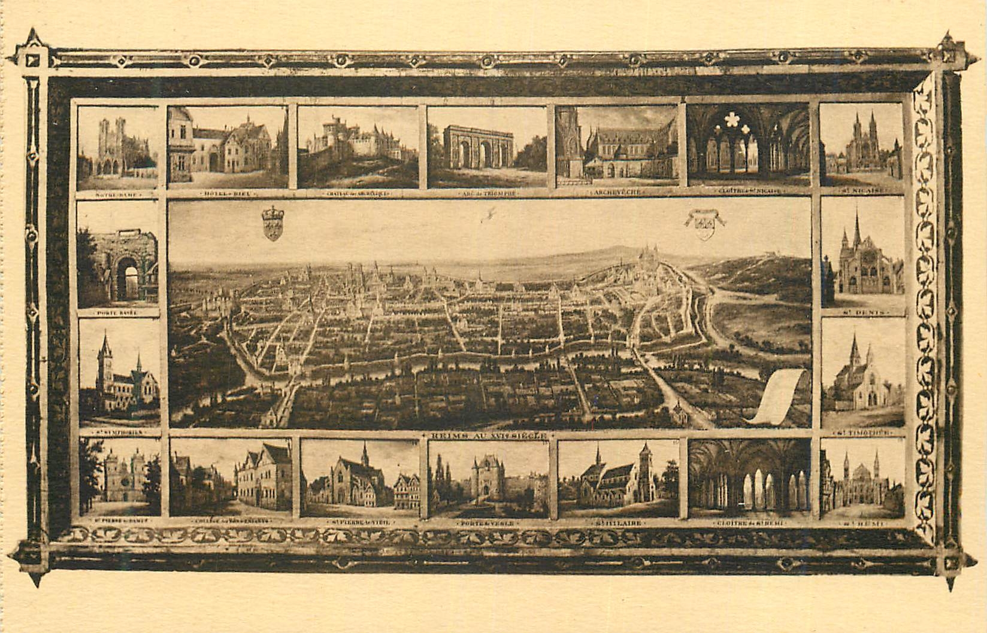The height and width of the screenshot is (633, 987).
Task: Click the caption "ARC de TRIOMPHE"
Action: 486,193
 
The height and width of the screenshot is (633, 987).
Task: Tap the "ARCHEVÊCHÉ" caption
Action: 617,193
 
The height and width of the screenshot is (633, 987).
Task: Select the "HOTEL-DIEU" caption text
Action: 228,193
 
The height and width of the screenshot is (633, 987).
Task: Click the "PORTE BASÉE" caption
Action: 117,312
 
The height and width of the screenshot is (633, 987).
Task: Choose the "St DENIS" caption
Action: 862,312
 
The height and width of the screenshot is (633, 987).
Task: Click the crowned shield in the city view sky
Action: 273,223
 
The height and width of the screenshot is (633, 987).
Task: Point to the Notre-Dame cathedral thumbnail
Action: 118,148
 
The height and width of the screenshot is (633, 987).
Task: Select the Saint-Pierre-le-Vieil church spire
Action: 364,458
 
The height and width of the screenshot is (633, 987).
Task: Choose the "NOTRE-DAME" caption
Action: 117,194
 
